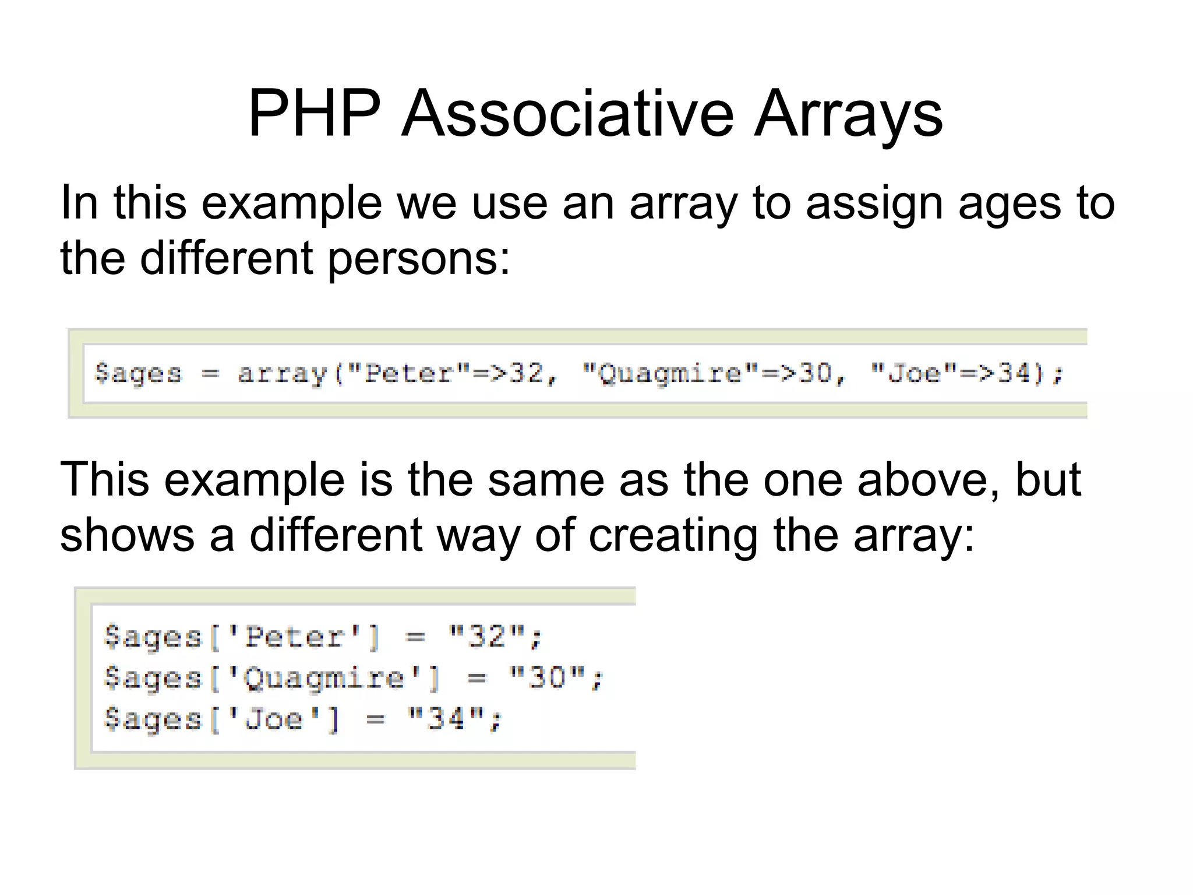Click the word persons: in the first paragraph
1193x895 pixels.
coord(419,259)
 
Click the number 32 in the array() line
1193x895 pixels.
coord(527,373)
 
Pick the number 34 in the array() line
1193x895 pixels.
coord(1015,373)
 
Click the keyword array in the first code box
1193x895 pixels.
coord(283,373)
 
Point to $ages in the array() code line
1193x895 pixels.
coord(139,373)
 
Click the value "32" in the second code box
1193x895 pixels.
coord(487,636)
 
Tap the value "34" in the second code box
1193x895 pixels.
coord(446,719)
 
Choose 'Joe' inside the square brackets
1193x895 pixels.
coord(273,719)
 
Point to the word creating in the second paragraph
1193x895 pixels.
coord(673,535)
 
